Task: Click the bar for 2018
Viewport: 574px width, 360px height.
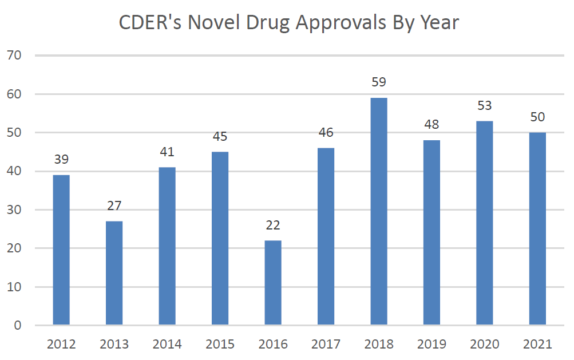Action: tap(379, 212)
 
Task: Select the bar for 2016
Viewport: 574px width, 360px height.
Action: tap(273, 283)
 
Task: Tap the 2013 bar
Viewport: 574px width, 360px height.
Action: tap(114, 273)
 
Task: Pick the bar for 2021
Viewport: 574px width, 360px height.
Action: tap(537, 229)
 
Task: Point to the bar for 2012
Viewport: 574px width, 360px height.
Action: tap(61, 250)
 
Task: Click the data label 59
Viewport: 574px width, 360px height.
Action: tap(379, 82)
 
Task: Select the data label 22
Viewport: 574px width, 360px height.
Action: tap(273, 225)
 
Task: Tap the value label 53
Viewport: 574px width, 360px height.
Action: tap(485, 106)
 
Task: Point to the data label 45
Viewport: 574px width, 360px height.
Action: tap(220, 136)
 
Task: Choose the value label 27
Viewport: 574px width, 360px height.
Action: tap(114, 206)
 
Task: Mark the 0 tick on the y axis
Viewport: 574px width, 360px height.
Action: tap(17, 326)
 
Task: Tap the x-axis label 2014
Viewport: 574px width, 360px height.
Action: tap(167, 345)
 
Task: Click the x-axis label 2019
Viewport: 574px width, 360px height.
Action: tap(432, 345)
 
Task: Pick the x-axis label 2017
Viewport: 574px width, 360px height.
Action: tap(326, 345)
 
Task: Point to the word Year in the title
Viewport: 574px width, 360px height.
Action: tap(439, 23)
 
